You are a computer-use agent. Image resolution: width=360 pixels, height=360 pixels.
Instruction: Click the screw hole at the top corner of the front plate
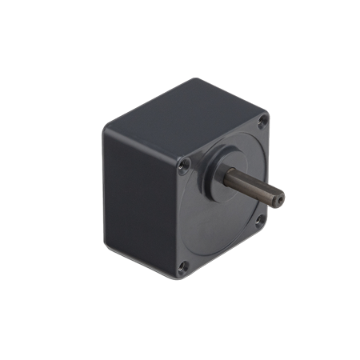[x=265, y=122]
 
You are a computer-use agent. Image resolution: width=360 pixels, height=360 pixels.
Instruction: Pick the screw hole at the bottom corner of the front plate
[x=185, y=266]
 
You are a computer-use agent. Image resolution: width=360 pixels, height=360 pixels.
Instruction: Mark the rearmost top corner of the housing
[x=191, y=79]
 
